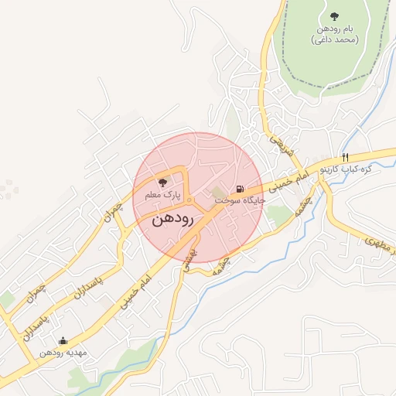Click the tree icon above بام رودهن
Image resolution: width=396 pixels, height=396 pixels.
tap(334, 15)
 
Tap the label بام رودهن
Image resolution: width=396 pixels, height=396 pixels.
tap(334, 29)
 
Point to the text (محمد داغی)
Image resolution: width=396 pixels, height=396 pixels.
tap(334, 39)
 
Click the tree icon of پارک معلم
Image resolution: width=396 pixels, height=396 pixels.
tap(162, 183)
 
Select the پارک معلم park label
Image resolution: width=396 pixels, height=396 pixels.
tap(162, 196)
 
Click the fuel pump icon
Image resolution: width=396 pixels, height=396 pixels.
tap(240, 189)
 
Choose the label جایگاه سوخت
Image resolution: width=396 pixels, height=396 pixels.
tap(240, 200)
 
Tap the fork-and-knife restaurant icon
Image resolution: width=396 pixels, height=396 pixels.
tap(344, 155)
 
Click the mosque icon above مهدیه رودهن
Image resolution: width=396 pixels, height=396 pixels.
tap(63, 340)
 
